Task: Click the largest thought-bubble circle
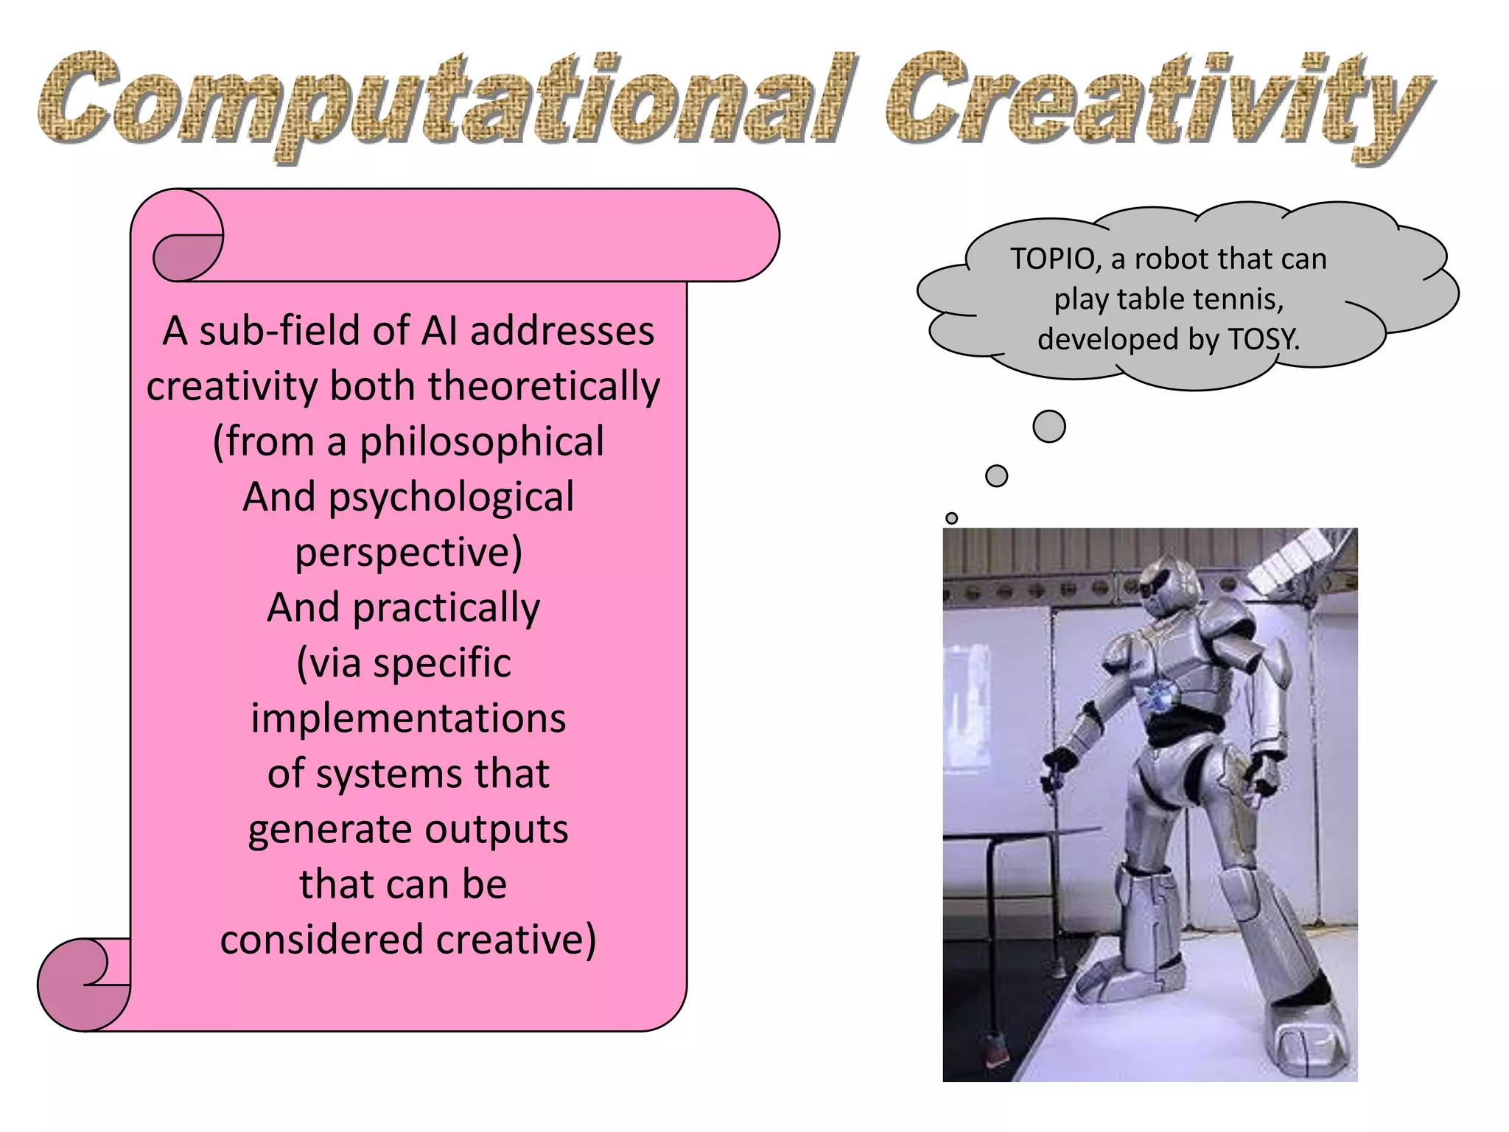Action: point(1049,427)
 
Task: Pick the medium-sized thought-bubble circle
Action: point(996,476)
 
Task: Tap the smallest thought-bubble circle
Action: point(951,518)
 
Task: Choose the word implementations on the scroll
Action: point(408,719)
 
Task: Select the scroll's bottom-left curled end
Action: point(83,984)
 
